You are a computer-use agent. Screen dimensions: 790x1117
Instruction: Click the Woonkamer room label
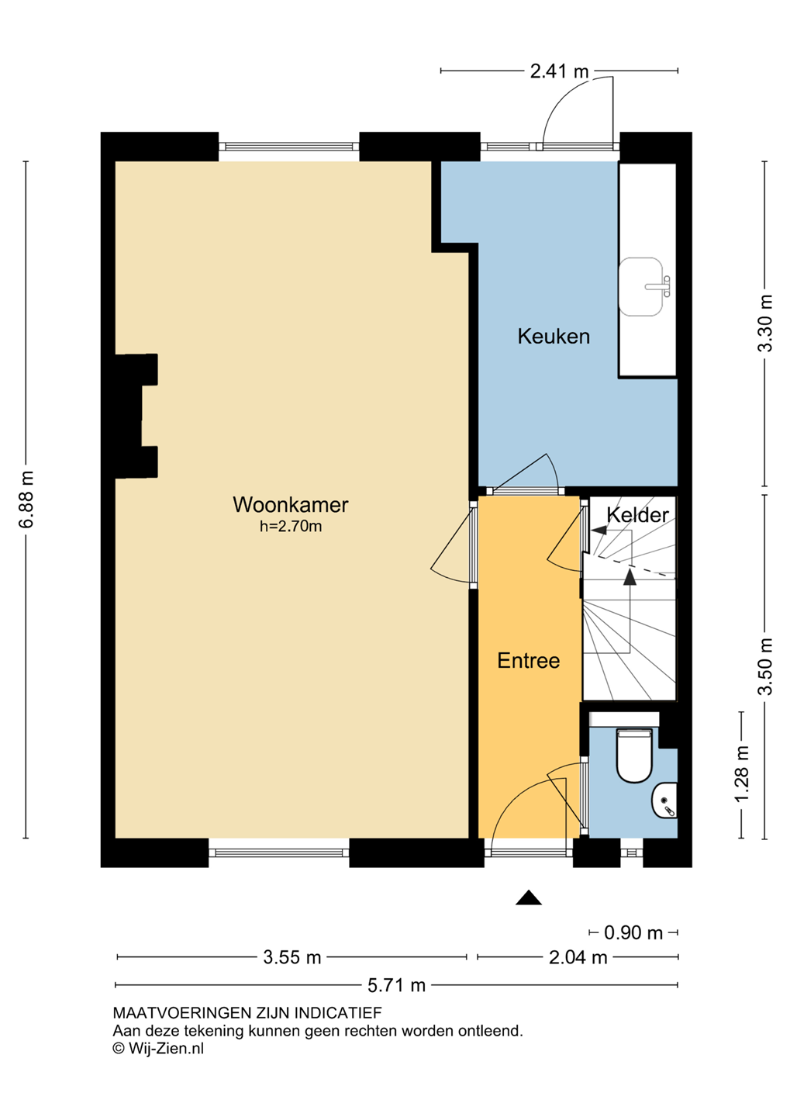click(x=290, y=505)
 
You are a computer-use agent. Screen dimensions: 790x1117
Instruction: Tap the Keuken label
click(x=554, y=336)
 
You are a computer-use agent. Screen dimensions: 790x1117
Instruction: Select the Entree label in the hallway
click(x=528, y=661)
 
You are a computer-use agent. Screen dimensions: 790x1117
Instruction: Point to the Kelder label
click(x=637, y=515)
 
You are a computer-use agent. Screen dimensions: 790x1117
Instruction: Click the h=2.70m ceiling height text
click(x=291, y=527)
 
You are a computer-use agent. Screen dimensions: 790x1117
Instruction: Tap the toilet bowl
click(x=634, y=756)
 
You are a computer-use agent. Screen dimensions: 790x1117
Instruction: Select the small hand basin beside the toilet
click(x=664, y=800)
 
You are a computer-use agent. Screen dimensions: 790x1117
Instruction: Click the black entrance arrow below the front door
click(x=528, y=897)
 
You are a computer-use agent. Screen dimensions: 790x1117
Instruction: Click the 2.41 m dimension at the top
click(x=559, y=72)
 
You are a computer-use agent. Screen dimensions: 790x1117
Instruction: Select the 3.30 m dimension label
click(x=765, y=323)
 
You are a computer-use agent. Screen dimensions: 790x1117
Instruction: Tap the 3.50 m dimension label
click(x=765, y=666)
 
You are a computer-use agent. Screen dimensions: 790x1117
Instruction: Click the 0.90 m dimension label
click(x=633, y=932)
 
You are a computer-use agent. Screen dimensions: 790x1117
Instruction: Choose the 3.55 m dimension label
click(x=292, y=957)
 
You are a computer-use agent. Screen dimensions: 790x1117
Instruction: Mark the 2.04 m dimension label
click(x=578, y=957)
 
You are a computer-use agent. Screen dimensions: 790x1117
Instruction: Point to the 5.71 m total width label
click(x=397, y=985)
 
